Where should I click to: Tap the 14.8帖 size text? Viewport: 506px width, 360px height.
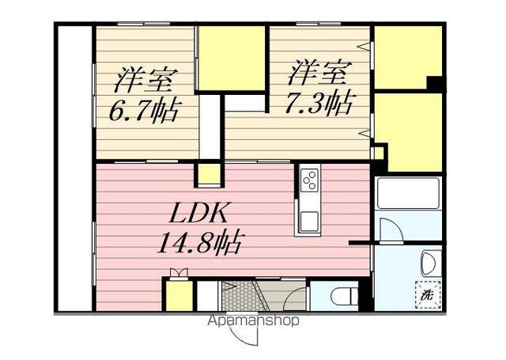(199, 240)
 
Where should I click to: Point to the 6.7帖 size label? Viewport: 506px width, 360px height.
(143, 109)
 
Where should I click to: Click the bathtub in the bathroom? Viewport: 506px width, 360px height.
(407, 192)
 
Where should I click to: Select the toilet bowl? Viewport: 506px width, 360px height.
(341, 297)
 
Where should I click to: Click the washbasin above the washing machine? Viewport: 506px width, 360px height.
(428, 260)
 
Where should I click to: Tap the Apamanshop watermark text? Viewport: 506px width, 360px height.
(253, 321)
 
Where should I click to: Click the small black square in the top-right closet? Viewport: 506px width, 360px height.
(433, 82)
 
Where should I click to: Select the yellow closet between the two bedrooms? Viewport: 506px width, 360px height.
(231, 59)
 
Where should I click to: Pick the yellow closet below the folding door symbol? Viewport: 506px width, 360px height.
(179, 295)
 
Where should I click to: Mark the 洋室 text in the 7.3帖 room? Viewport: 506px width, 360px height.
(317, 74)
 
